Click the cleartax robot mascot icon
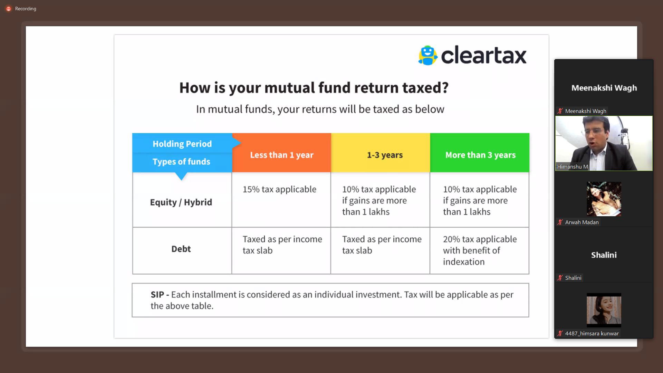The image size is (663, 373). coord(427,55)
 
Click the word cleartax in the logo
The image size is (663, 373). coord(483,55)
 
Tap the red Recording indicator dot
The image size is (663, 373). coord(9,9)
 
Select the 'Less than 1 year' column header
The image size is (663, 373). coord(281,155)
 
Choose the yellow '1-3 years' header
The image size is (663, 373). coord(385,155)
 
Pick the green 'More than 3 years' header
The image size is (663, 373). coord(480,155)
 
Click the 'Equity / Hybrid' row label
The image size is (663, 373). coord(181,202)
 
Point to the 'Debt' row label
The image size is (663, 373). coord(181,249)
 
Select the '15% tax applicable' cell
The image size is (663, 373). coord(279,189)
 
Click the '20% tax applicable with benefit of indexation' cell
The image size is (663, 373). coord(480,250)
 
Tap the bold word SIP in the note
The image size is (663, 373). coord(157,295)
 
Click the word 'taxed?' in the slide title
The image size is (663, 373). coord(425,88)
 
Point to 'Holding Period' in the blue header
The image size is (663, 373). coord(182,144)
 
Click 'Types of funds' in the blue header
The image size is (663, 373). coord(181,162)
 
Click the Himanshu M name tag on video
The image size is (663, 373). coord(573,166)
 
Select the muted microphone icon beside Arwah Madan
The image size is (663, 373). coord(560,222)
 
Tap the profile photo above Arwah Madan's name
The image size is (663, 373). coord(604,199)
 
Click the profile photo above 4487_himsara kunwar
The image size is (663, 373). coord(604,310)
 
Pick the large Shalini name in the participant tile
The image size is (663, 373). coord(604,255)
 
